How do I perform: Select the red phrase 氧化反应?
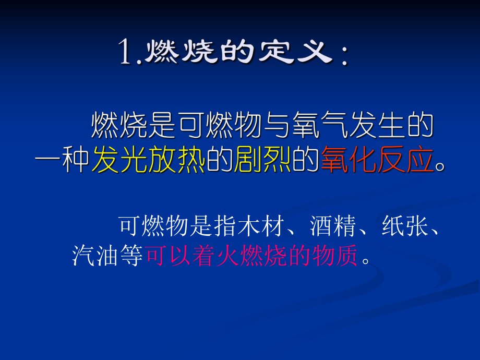click(377, 160)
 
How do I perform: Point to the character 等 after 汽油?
click(131, 256)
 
